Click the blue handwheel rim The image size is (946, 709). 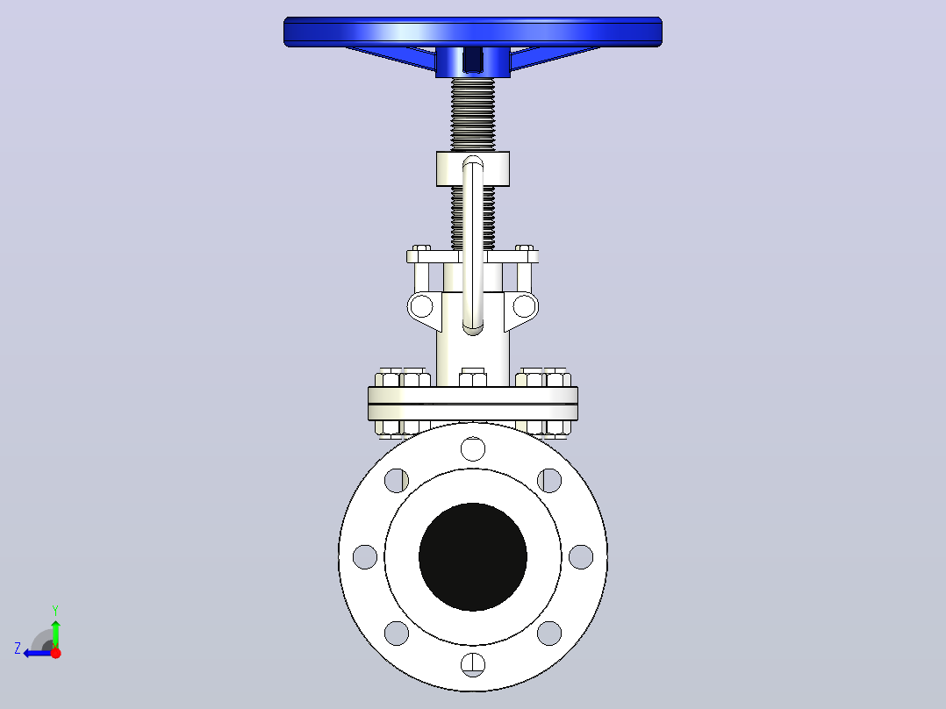tap(473, 32)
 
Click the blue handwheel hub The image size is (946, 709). tap(473, 61)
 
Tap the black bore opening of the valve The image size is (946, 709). tap(473, 556)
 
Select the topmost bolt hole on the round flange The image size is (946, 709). tap(473, 449)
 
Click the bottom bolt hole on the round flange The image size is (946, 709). tap(473, 664)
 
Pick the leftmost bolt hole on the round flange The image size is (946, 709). tap(365, 556)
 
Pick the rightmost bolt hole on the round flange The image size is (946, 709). tap(581, 556)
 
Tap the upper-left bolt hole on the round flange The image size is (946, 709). tap(397, 480)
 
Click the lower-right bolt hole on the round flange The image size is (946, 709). tap(549, 633)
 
